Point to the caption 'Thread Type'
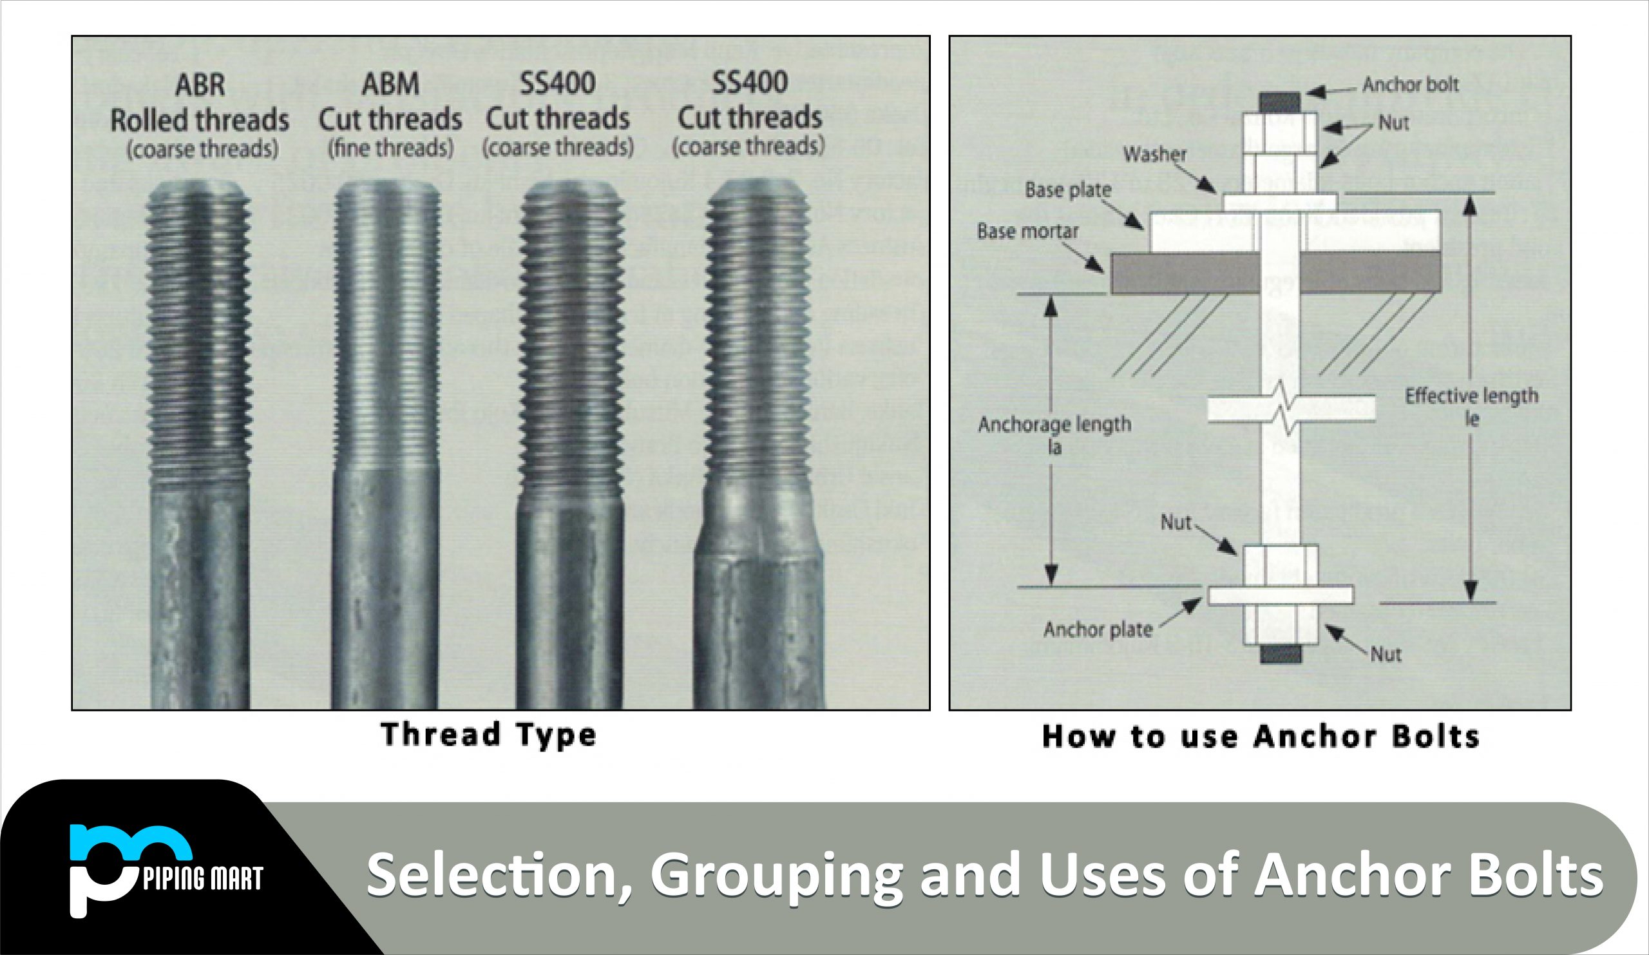point(488,735)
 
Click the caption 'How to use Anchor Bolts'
point(1261,737)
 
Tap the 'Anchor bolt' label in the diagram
point(1410,84)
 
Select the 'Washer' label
point(1154,155)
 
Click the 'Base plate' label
point(1068,190)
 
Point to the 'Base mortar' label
point(1027,231)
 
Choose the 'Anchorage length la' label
point(1054,434)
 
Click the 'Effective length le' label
point(1471,407)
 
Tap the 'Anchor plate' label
point(1098,630)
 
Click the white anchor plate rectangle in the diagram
point(1280,594)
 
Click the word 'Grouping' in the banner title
point(776,875)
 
